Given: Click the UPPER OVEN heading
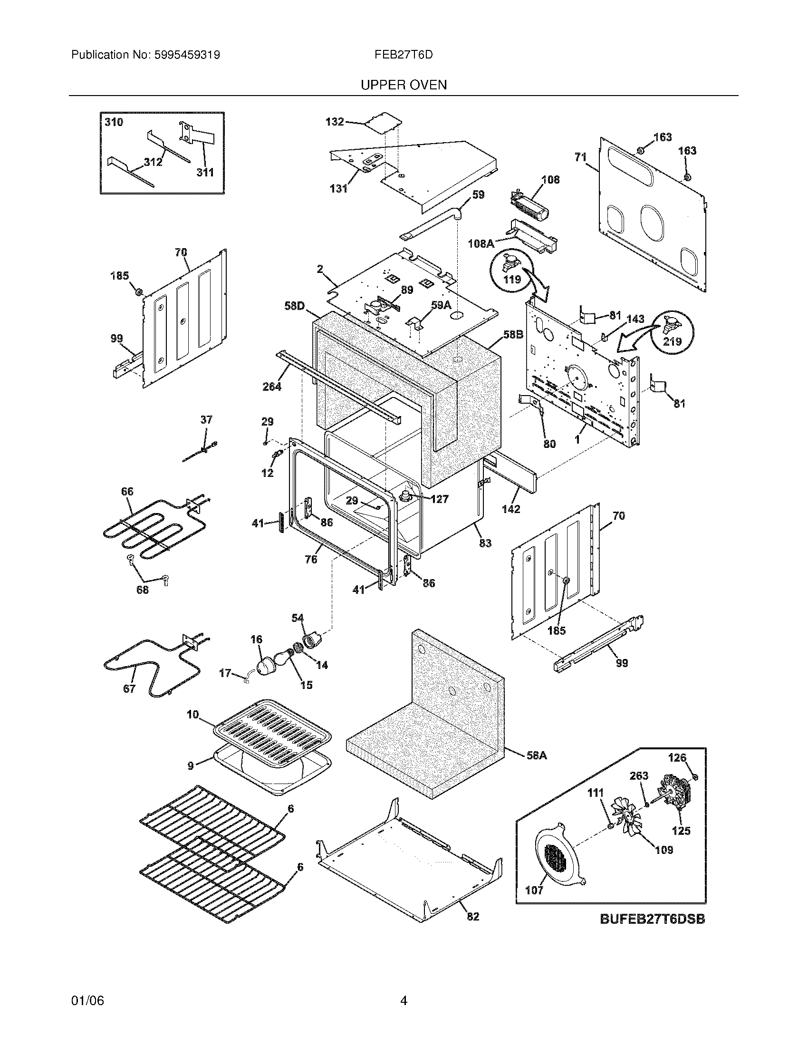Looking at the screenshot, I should pos(403,85).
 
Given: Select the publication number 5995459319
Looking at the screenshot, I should pos(186,55).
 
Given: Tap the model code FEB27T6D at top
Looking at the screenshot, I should pos(404,55).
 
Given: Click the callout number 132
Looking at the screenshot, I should pos(335,122).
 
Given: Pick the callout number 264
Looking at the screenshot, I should pos(271,387).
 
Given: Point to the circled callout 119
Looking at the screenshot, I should pos(512,271).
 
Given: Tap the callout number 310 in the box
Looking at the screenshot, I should pos(114,122).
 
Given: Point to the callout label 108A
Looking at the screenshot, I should pos(481,244).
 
